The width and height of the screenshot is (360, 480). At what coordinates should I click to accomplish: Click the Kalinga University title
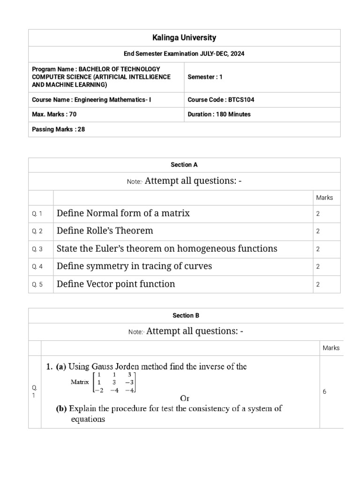point(184,37)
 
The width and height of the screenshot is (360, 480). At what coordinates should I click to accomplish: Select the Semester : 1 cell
point(205,77)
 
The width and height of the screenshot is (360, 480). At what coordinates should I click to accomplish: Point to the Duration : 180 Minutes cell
point(219,114)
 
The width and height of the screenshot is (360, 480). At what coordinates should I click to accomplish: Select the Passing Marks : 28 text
point(58,129)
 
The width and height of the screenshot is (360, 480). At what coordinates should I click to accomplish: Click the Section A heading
point(184,165)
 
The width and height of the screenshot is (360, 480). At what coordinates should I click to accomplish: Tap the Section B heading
point(186,316)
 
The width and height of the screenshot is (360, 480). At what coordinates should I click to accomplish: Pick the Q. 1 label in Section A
point(37,214)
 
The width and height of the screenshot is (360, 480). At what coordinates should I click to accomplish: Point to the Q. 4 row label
point(37,267)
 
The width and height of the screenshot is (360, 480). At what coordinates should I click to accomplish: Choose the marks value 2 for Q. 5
point(318,285)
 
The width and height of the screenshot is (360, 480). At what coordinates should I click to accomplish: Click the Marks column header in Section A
point(324,198)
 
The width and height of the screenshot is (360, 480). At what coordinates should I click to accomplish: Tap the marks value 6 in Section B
point(324,391)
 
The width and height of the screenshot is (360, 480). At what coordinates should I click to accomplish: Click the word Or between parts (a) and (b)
point(185,398)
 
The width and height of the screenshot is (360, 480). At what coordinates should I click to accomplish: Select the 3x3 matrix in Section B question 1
point(115,382)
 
